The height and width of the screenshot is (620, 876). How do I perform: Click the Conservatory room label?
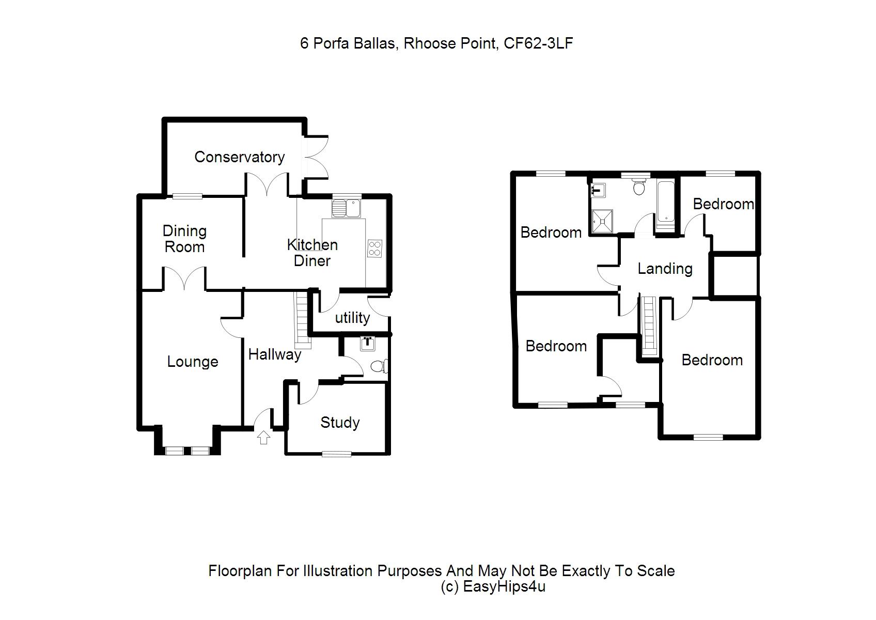pyautogui.click(x=239, y=157)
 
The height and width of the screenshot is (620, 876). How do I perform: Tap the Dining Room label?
pyautogui.click(x=184, y=239)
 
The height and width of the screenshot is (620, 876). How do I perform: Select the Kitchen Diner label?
pyautogui.click(x=312, y=253)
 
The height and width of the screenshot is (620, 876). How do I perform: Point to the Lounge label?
pyautogui.click(x=192, y=362)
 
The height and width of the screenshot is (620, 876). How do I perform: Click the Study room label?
pyautogui.click(x=340, y=423)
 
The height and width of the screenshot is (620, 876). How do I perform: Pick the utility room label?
pyautogui.click(x=352, y=318)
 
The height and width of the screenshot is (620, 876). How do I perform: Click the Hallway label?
pyautogui.click(x=274, y=354)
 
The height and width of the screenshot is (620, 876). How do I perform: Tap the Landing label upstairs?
pyautogui.click(x=665, y=269)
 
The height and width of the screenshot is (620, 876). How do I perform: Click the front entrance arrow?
pyautogui.click(x=264, y=438)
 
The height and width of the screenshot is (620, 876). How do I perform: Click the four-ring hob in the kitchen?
pyautogui.click(x=374, y=249)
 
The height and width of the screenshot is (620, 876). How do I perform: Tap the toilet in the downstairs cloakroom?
pyautogui.click(x=380, y=366)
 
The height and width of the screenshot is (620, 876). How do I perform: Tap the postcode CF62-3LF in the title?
pyautogui.click(x=538, y=43)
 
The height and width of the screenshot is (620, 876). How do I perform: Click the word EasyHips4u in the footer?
pyautogui.click(x=504, y=587)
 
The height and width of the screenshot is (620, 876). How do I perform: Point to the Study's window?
pyautogui.click(x=337, y=454)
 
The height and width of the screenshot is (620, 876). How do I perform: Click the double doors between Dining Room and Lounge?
pyautogui.click(x=185, y=278)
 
